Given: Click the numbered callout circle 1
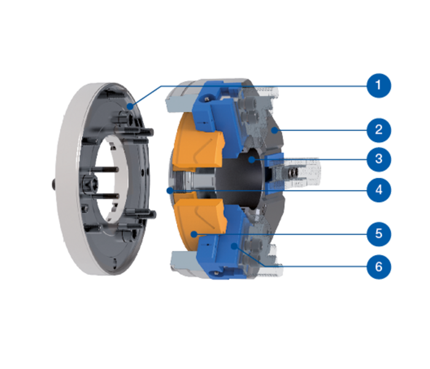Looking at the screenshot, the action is [x=379, y=85].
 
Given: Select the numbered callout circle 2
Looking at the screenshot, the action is [x=379, y=130].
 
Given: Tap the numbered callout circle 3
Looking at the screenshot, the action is [x=379, y=159].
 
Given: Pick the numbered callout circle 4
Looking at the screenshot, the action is [x=379, y=189].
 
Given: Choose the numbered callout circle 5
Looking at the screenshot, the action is [x=379, y=234].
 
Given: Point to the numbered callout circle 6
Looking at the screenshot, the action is [x=379, y=267].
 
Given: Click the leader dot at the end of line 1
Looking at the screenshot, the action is [x=130, y=106].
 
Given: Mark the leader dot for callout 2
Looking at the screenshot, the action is [x=274, y=130].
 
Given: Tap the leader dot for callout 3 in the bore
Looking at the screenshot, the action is [x=252, y=159].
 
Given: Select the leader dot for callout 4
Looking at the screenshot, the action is [x=170, y=190].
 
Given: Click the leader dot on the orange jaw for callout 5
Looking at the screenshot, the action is [x=194, y=234].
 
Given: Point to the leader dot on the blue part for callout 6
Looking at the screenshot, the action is [x=234, y=246].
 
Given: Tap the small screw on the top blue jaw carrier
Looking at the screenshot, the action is [x=208, y=97].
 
